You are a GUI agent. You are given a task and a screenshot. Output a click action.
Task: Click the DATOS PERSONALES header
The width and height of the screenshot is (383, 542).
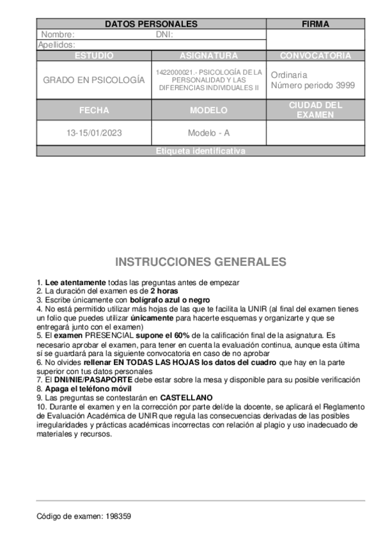pyautogui.click(x=151, y=24)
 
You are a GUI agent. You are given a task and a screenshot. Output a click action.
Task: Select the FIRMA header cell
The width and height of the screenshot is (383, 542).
pyautogui.click(x=315, y=24)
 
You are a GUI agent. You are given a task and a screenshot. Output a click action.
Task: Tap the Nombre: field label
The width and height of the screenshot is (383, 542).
pyautogui.click(x=58, y=35)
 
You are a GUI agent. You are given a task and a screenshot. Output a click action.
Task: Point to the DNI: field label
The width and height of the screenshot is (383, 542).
pyautogui.click(x=164, y=35)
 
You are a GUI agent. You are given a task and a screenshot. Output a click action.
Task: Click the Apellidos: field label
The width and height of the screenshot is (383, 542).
pyautogui.click(x=57, y=45)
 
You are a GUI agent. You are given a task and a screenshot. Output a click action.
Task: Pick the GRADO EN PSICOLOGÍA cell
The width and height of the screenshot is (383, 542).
pyautogui.click(x=94, y=81)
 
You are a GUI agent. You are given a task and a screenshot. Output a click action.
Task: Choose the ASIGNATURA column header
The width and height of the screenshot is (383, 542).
pyautogui.click(x=208, y=56)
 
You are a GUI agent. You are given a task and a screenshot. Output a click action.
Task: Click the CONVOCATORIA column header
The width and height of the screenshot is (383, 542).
pyautogui.click(x=315, y=56)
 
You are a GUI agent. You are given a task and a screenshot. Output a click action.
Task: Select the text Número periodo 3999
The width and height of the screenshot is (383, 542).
pyautogui.click(x=313, y=86)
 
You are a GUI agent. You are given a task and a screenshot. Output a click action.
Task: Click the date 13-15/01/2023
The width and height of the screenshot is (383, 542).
pyautogui.click(x=94, y=133)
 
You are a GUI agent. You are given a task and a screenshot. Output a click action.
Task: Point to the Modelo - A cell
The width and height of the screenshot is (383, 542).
pyautogui.click(x=208, y=133)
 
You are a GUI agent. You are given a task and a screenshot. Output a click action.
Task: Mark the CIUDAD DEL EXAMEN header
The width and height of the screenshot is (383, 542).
pyautogui.click(x=315, y=110)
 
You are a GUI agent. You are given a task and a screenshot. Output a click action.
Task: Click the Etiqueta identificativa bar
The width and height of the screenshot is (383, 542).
pyautogui.click(x=200, y=151)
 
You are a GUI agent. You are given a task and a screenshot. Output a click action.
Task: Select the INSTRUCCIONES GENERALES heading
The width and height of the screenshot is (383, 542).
pyautogui.click(x=201, y=263)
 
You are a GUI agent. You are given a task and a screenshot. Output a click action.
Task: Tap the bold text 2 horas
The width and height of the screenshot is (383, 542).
pyautogui.click(x=164, y=290)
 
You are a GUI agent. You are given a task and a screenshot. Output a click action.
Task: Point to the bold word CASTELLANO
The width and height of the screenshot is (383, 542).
pyautogui.click(x=186, y=397)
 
